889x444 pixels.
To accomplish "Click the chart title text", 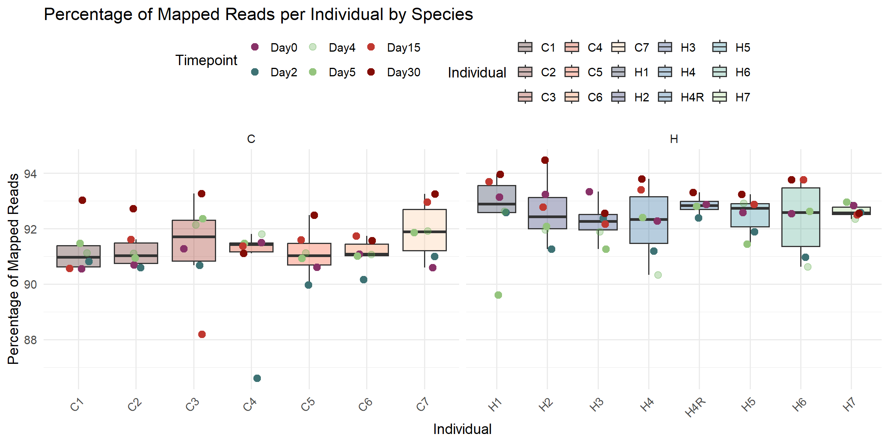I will click(258, 15).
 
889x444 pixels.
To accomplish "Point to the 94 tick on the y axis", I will click(30, 174).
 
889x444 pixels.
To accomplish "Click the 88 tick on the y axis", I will click(30, 340).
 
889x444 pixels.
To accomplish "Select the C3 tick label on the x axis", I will click(192, 405).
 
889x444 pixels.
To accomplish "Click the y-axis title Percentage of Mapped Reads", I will click(14, 269).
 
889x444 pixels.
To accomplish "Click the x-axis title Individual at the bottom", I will click(462, 429).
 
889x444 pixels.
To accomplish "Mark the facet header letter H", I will click(674, 139).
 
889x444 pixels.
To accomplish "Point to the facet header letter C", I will click(251, 139).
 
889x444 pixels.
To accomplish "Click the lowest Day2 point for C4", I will click(257, 378).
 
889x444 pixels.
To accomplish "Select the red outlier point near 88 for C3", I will click(202, 334).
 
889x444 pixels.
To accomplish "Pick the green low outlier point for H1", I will click(498, 295).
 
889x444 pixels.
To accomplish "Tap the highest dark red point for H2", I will click(545, 160).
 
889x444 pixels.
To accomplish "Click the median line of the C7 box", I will click(424, 232).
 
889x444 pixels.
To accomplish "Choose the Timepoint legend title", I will click(206, 60).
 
